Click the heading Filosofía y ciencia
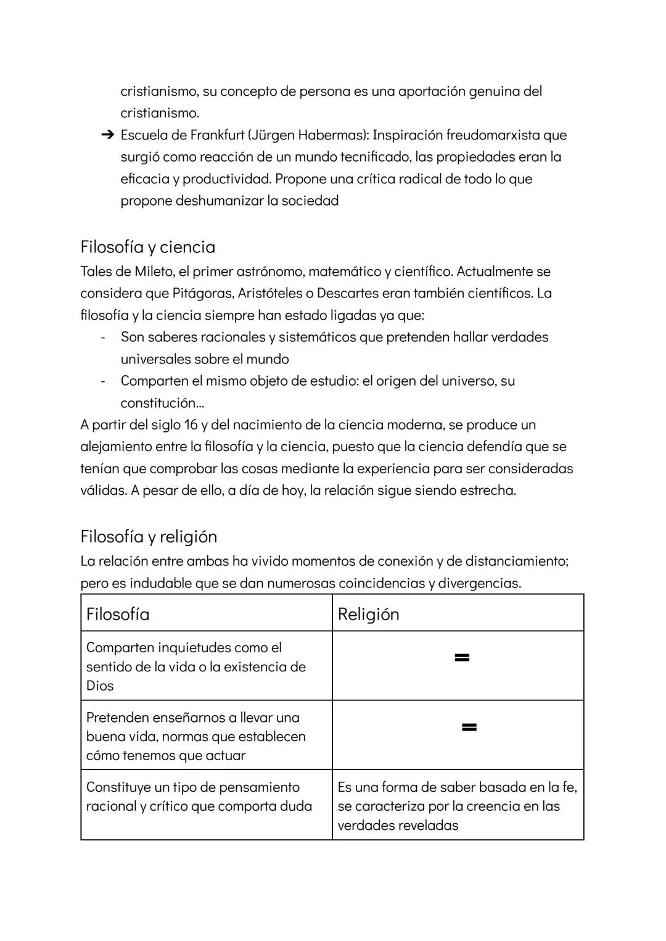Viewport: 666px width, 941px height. coord(147,247)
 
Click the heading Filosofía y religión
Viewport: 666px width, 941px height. coord(149,536)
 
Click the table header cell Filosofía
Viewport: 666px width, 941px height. coord(118,614)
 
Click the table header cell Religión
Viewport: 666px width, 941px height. coord(368,614)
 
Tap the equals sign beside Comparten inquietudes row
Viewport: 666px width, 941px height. coord(462,658)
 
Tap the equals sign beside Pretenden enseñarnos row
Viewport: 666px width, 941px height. coord(469,728)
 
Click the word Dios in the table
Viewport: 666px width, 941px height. coord(100,686)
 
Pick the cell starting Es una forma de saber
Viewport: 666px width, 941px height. coord(457,805)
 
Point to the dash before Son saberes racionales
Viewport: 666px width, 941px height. coord(103,338)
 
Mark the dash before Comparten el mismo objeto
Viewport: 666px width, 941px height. coord(103,381)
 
